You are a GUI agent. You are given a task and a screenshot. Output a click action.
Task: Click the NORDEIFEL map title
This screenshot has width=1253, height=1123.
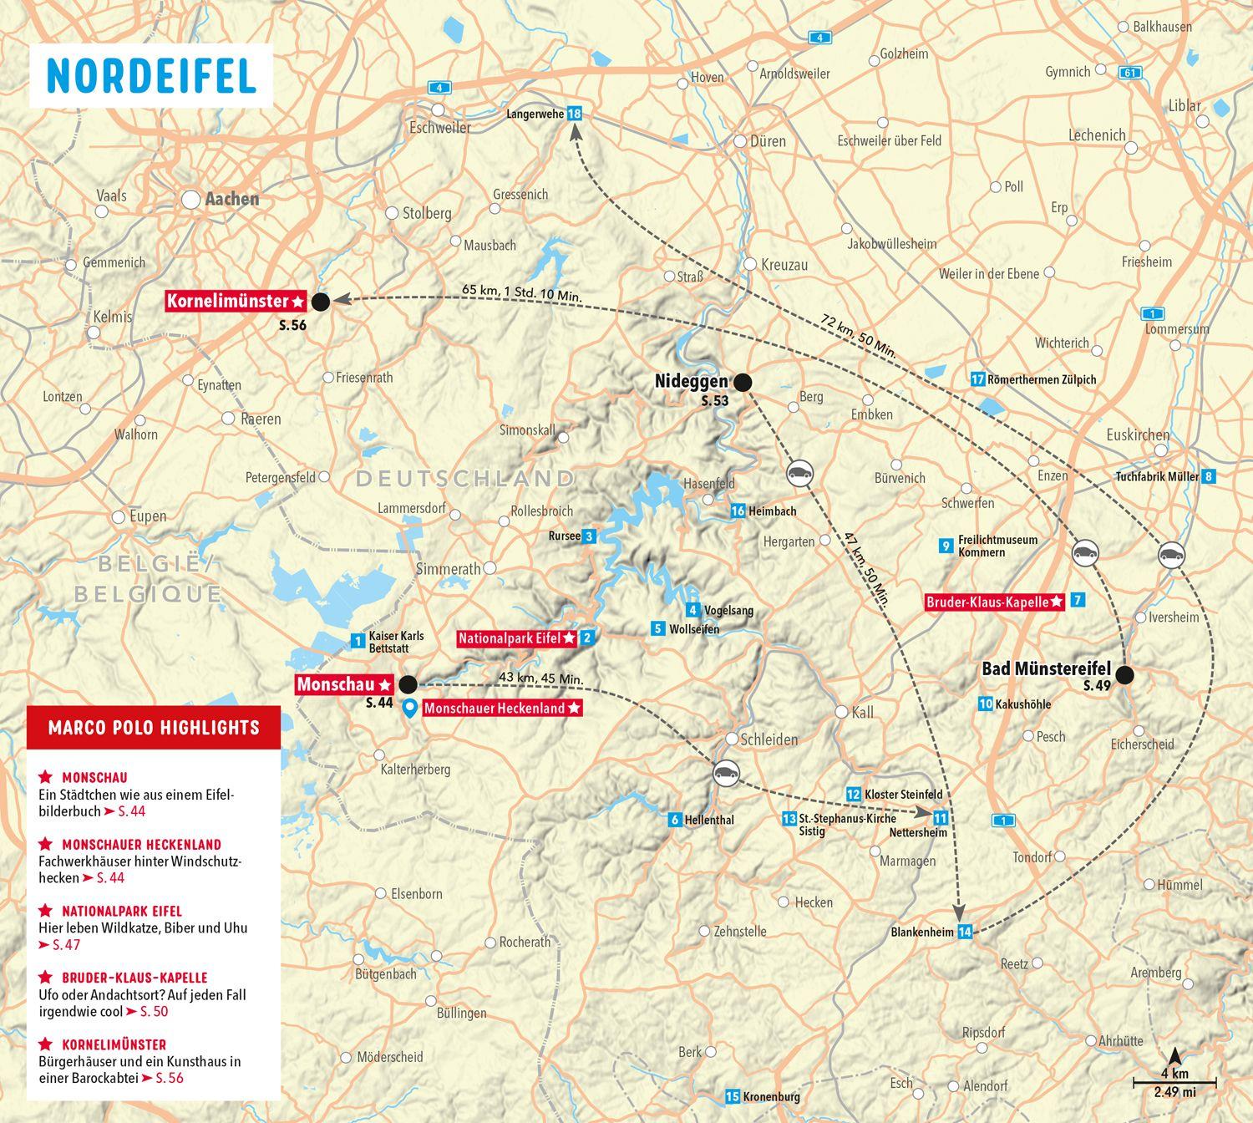tap(151, 76)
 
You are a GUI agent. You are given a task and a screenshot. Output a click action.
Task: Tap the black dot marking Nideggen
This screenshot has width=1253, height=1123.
tap(742, 382)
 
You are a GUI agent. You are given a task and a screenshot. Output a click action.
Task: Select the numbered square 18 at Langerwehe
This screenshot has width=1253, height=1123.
tap(574, 114)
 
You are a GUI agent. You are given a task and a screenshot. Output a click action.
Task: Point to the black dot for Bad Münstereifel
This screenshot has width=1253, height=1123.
tap(1124, 675)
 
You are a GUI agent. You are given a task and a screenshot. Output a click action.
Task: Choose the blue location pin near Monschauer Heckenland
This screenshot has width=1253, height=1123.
tap(410, 709)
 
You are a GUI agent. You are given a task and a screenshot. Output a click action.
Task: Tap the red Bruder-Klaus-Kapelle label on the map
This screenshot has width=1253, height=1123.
tap(994, 602)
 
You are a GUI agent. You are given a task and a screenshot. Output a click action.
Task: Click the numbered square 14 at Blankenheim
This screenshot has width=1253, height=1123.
tap(965, 932)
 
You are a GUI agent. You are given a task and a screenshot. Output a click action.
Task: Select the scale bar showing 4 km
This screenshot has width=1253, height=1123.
tap(1174, 1083)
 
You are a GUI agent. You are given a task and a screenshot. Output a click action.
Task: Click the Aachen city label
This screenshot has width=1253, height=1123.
tap(231, 199)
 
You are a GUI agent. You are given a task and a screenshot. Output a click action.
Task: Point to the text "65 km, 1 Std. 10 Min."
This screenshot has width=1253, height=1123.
tap(522, 293)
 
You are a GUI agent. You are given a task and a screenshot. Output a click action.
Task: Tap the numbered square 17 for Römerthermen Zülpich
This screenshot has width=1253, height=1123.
tap(978, 379)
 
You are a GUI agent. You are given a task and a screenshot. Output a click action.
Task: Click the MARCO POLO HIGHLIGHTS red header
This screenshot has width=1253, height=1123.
tap(154, 728)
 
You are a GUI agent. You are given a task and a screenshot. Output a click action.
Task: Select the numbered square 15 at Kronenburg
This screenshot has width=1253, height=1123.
tap(733, 1097)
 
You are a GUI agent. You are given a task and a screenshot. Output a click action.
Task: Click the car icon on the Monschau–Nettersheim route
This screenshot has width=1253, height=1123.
tap(726, 773)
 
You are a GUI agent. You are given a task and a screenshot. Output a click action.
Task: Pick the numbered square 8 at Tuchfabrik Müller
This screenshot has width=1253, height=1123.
tap(1207, 476)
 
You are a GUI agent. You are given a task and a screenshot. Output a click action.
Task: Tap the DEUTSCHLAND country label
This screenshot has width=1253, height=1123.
tap(465, 479)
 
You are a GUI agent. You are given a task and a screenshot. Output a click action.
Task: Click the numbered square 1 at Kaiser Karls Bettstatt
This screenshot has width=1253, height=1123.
tap(358, 641)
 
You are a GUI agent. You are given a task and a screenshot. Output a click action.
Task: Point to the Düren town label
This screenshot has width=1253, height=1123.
tap(768, 141)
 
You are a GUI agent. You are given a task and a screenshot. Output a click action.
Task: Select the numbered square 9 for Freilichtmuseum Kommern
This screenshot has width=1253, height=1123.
tap(946, 546)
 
